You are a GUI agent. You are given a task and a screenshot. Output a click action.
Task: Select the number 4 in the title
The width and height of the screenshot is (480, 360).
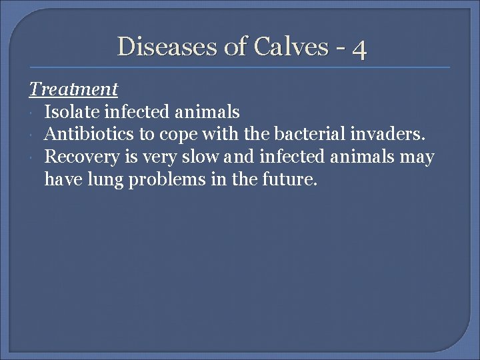tap(360, 48)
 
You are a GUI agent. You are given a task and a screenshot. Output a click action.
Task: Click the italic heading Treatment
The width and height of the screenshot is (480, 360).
tap(73, 88)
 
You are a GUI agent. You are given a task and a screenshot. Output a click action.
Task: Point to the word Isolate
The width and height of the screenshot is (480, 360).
tap(73, 111)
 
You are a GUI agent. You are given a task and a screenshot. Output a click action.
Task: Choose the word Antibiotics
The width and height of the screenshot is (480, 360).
tap(89, 134)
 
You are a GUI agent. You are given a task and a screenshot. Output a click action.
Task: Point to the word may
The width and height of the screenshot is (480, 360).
tap(419, 158)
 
